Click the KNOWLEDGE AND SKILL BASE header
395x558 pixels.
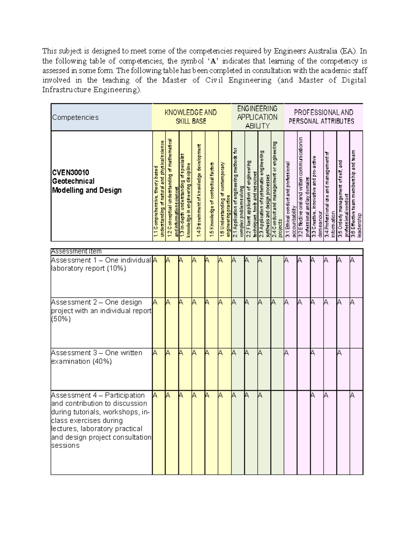pyautogui.click(x=191, y=117)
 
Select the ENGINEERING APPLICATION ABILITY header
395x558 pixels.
pyautogui.click(x=257, y=117)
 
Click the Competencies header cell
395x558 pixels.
pyautogui.click(x=75, y=117)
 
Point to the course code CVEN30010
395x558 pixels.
pyautogui.click(x=70, y=172)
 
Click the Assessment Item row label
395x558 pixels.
pyautogui.click(x=76, y=251)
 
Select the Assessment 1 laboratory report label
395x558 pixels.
pyautogui.click(x=101, y=264)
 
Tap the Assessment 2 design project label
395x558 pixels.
pyautogui.click(x=101, y=311)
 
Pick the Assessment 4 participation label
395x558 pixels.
pyautogui.click(x=101, y=420)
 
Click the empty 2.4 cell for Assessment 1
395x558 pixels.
pyautogui.click(x=277, y=276)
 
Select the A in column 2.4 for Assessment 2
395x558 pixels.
pyautogui.click(x=273, y=302)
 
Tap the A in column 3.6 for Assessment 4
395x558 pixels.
pyautogui.click(x=352, y=395)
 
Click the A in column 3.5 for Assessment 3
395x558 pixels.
pyautogui.click(x=339, y=353)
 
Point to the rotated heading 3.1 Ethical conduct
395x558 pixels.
pyautogui.click(x=290, y=199)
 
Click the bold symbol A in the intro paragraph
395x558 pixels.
pyautogui.click(x=214, y=62)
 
